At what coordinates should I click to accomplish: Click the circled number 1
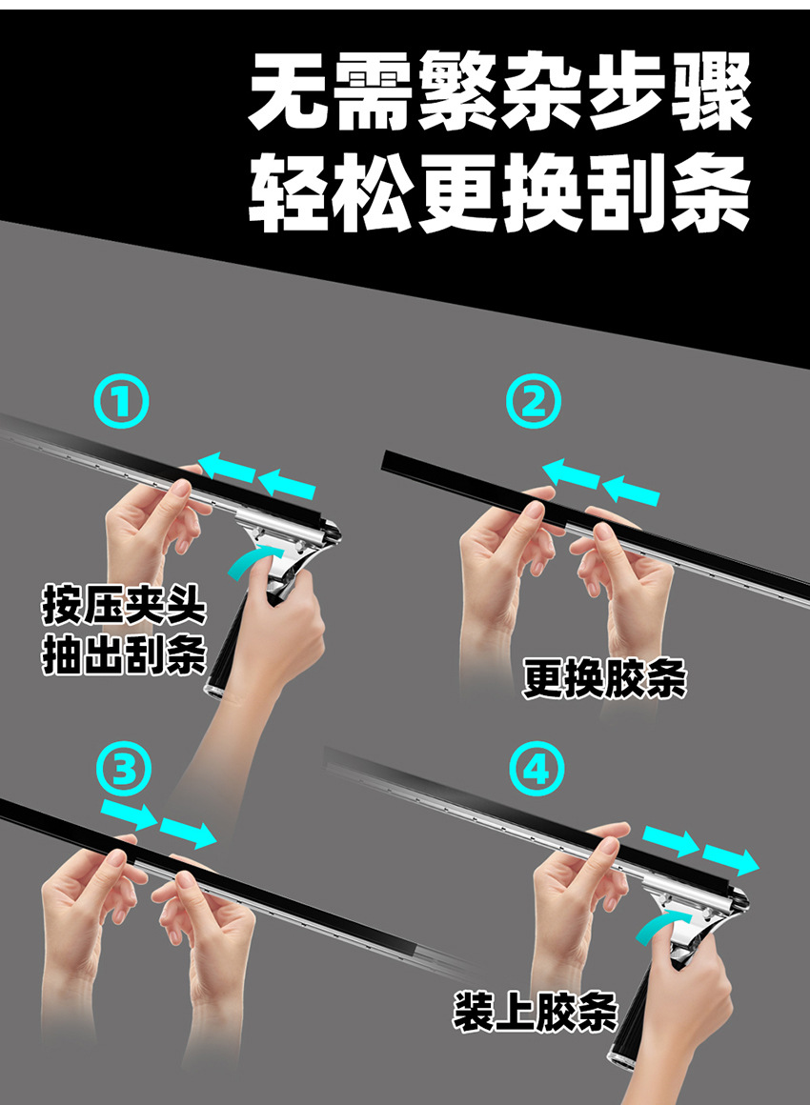[x=123, y=402]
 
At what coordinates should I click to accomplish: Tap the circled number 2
[x=534, y=402]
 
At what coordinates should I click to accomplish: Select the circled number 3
[x=125, y=770]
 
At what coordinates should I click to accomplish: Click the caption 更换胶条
[x=604, y=679]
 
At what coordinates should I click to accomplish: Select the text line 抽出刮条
[x=124, y=656]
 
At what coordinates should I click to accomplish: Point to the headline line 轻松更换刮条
[x=499, y=195]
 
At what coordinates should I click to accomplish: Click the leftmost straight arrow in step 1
[x=227, y=468]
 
